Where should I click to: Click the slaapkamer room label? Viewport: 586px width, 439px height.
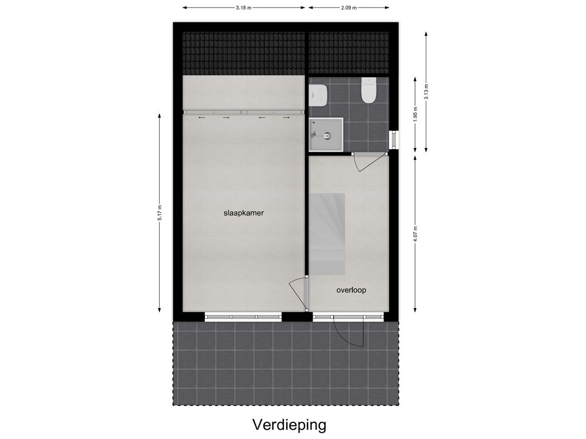click(243, 213)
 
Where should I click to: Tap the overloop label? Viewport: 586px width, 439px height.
click(351, 290)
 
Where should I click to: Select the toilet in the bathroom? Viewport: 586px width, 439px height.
click(368, 90)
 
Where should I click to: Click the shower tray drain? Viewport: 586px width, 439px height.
click(328, 136)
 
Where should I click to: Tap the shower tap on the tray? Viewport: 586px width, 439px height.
click(314, 135)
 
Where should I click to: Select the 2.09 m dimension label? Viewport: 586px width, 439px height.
click(349, 8)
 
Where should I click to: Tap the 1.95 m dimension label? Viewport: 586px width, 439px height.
click(416, 114)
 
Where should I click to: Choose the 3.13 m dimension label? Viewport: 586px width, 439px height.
click(426, 91)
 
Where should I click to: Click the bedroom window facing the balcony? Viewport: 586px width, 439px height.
click(243, 317)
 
